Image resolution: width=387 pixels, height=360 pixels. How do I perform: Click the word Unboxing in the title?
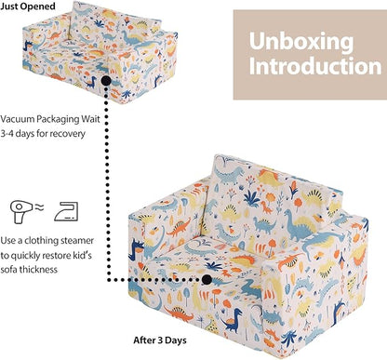coord(301,42)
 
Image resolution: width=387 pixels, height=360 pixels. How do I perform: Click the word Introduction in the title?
coord(315,66)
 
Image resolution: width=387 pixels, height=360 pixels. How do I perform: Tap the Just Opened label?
coord(28,7)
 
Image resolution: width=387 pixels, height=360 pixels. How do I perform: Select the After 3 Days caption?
coord(160,340)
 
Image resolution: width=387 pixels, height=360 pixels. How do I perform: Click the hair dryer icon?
coord(22,212)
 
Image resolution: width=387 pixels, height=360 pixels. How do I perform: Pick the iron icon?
coord(66,212)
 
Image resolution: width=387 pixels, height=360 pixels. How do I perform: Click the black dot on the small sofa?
coord(106,81)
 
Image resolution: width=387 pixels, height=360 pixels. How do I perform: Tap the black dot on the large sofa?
coord(207,280)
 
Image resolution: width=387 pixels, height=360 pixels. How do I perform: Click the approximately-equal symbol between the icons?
coord(39,207)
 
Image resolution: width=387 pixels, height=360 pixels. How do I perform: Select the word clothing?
coord(41,241)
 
